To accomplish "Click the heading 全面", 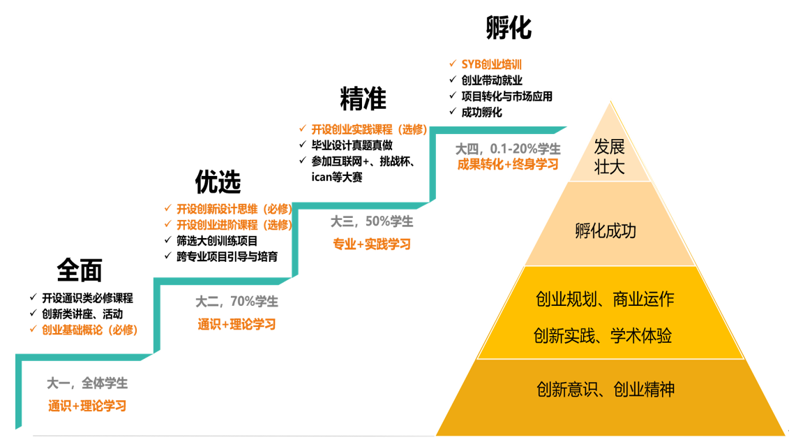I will [80, 270].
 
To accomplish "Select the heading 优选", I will [218, 182].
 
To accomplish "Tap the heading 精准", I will [363, 99].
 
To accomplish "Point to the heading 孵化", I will [509, 29].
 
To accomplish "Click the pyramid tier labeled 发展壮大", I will [609, 157].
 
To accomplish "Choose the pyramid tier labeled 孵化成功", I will [606, 230].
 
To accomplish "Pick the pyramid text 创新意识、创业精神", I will [606, 389].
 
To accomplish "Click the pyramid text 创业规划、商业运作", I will [605, 300].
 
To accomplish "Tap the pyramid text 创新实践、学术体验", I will [603, 336].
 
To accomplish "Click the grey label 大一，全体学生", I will [87, 383].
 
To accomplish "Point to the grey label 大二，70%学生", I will [236, 302].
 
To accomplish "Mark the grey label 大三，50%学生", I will [372, 222].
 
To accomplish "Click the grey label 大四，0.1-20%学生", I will [508, 149].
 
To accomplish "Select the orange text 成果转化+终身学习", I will [508, 165].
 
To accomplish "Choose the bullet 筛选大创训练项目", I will [217, 241].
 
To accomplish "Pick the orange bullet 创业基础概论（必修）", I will [89, 330].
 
